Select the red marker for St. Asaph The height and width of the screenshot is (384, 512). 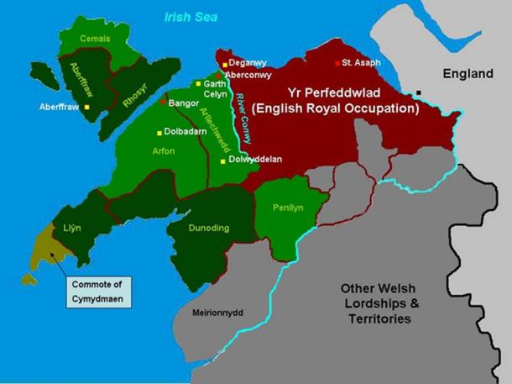(337, 63)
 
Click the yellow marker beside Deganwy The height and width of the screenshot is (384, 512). (225, 65)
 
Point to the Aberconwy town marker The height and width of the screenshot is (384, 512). (218, 76)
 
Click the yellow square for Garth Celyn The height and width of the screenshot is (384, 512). (198, 84)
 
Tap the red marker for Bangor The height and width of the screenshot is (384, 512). (163, 102)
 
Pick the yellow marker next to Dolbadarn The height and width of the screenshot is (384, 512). (159, 133)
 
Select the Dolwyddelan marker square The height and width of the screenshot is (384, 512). (222, 160)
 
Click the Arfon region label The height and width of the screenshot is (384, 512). (164, 152)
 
